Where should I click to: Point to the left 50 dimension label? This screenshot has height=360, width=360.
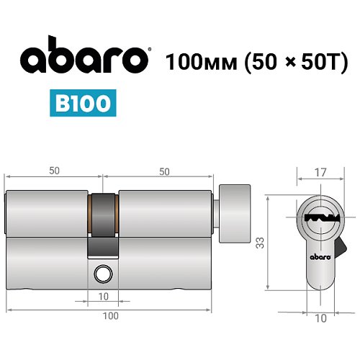[x=55, y=170]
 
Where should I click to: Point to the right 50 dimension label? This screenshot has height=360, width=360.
[x=164, y=170]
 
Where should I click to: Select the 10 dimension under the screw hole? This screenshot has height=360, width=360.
[x=104, y=296]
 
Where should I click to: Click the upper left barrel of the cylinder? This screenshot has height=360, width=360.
[x=47, y=212]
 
